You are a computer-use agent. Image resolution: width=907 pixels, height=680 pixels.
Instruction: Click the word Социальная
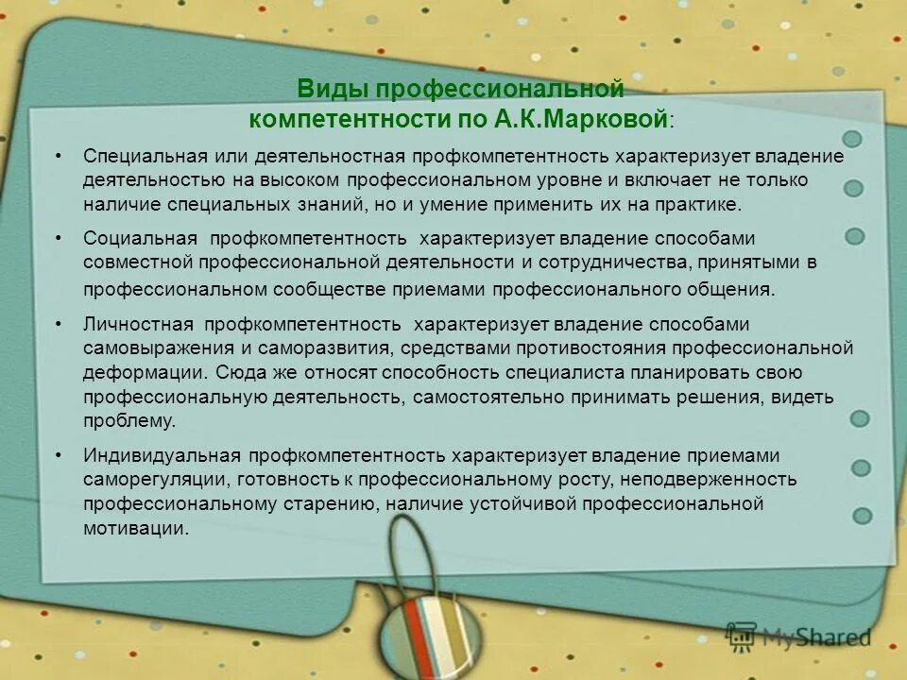tap(140, 239)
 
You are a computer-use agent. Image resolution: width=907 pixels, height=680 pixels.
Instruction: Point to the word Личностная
tap(138, 324)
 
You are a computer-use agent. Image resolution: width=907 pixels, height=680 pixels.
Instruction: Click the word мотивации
tap(135, 528)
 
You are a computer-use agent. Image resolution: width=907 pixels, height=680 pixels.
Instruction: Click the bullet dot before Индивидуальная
tap(59, 456)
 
